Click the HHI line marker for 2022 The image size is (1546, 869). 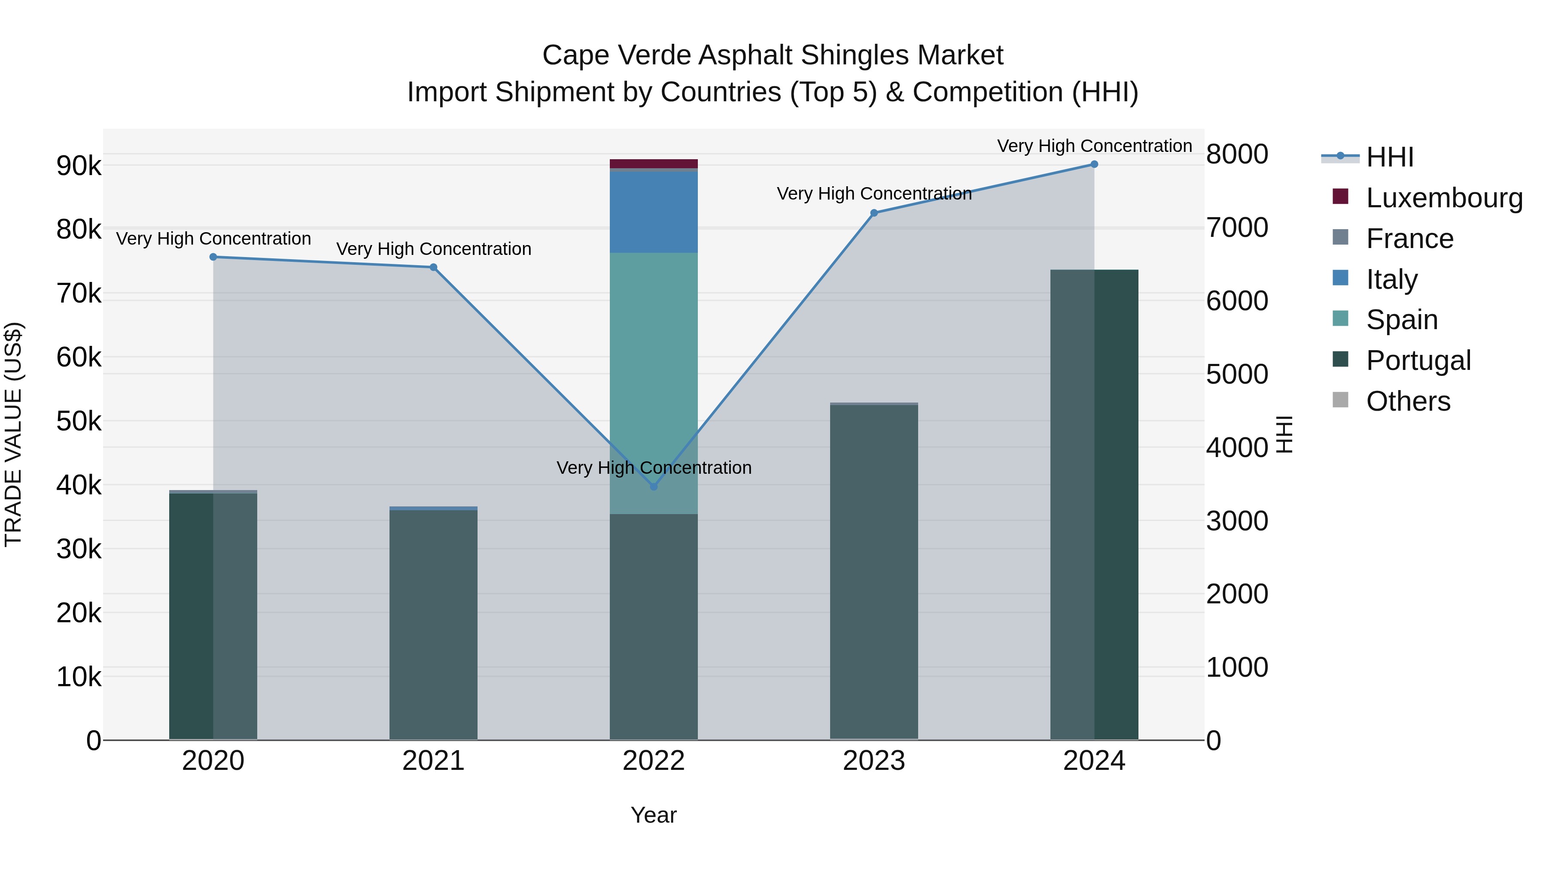(x=654, y=486)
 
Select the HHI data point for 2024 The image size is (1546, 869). (x=1094, y=164)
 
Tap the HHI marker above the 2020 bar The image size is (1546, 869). (x=213, y=257)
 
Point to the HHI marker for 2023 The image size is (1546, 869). (x=874, y=213)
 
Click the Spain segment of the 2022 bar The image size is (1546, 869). (x=654, y=360)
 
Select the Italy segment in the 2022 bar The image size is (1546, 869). (x=654, y=211)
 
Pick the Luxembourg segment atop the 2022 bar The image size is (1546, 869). (x=654, y=163)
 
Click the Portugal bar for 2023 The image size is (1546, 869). (x=874, y=570)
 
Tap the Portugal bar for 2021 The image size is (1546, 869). (x=433, y=624)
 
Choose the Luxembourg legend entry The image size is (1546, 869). (x=1443, y=198)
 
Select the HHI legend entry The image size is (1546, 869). (x=1389, y=157)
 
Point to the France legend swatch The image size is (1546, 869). (x=1340, y=237)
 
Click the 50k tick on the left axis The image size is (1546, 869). (x=79, y=421)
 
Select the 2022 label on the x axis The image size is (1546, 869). (x=654, y=761)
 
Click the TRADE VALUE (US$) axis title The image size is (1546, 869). (x=13, y=434)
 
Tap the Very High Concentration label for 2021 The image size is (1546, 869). (x=433, y=249)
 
